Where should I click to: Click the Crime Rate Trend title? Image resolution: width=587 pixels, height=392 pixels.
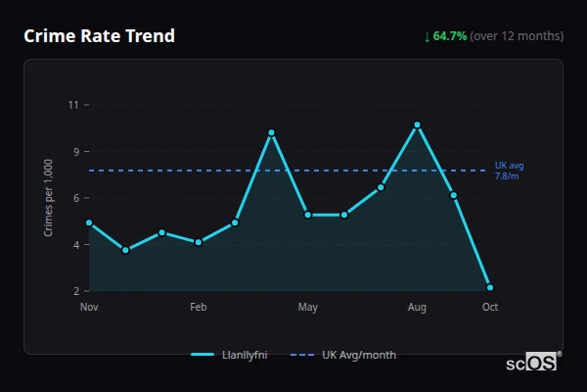99,36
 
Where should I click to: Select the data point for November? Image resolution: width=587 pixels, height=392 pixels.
89,222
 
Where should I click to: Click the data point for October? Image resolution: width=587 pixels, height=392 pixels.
490,287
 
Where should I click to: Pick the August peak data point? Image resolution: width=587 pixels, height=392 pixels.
417,125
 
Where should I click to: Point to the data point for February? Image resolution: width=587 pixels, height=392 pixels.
199,242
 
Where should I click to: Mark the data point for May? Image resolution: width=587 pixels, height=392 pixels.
308,215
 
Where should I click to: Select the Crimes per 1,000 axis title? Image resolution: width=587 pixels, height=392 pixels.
48,198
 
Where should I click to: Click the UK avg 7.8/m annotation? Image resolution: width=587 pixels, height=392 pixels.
509,171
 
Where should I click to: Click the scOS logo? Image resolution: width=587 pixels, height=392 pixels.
532,362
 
